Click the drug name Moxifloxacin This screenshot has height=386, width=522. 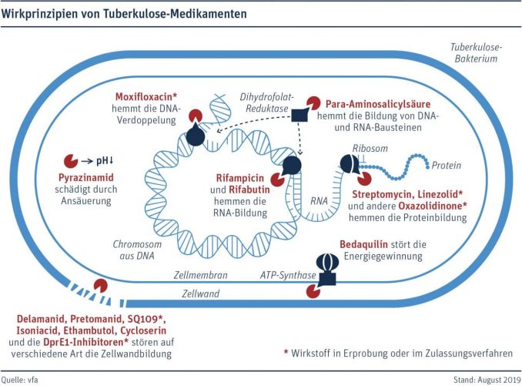pyautogui.click(x=144, y=97)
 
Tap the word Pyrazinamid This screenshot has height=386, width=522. pyautogui.click(x=86, y=177)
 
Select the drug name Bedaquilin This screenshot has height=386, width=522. pyautogui.click(x=364, y=244)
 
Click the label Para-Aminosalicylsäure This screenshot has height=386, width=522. pyautogui.click(x=378, y=105)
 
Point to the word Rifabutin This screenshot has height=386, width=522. pyautogui.click(x=249, y=190)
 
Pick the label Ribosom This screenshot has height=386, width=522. pyautogui.click(x=370, y=148)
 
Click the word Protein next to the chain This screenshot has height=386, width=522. pyautogui.click(x=446, y=166)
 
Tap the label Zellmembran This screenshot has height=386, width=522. pyautogui.click(x=201, y=275)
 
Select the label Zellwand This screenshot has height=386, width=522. pyautogui.click(x=200, y=294)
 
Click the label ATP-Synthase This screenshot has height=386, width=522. pyautogui.click(x=288, y=275)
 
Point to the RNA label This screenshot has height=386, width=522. pyautogui.click(x=319, y=201)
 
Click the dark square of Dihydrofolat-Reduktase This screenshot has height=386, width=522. pyautogui.click(x=299, y=115)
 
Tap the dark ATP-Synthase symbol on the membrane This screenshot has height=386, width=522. pyautogui.click(x=327, y=269)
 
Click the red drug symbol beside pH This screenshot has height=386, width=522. pyautogui.click(x=71, y=161)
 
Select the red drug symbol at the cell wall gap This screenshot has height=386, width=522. pyautogui.click(x=100, y=286)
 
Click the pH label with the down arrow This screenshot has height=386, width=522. pyautogui.click(x=105, y=161)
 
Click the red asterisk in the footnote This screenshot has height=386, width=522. pyautogui.click(x=286, y=351)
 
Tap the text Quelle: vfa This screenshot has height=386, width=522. pyautogui.click(x=19, y=379)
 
